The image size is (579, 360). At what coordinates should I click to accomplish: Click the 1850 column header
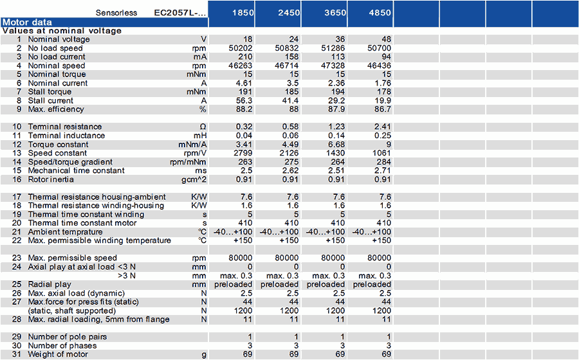243,13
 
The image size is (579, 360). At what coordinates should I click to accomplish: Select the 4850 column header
380,13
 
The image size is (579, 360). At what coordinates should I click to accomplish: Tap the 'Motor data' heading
27,22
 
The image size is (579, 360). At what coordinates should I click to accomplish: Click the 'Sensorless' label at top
116,13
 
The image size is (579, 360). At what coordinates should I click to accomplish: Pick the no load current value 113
338,57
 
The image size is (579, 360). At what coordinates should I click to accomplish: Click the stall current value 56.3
244,101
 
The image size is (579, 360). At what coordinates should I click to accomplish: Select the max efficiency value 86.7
382,109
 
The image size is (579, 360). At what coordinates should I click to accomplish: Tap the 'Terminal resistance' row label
65,127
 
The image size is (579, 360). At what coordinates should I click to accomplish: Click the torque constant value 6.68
336,144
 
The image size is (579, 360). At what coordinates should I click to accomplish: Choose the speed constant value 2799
243,153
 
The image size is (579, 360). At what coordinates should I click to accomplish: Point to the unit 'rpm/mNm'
188,162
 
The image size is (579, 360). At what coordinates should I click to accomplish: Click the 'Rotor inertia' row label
51,179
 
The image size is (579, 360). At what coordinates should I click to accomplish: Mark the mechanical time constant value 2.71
382,170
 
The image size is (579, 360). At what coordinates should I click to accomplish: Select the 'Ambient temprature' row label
66,232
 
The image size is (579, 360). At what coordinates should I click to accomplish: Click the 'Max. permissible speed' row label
72,258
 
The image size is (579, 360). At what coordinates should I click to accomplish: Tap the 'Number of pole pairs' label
67,337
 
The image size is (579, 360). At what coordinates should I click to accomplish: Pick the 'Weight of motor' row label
58,354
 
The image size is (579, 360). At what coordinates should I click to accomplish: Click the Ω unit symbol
203,127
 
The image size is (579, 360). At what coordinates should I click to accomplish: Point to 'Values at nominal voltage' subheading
62,31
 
